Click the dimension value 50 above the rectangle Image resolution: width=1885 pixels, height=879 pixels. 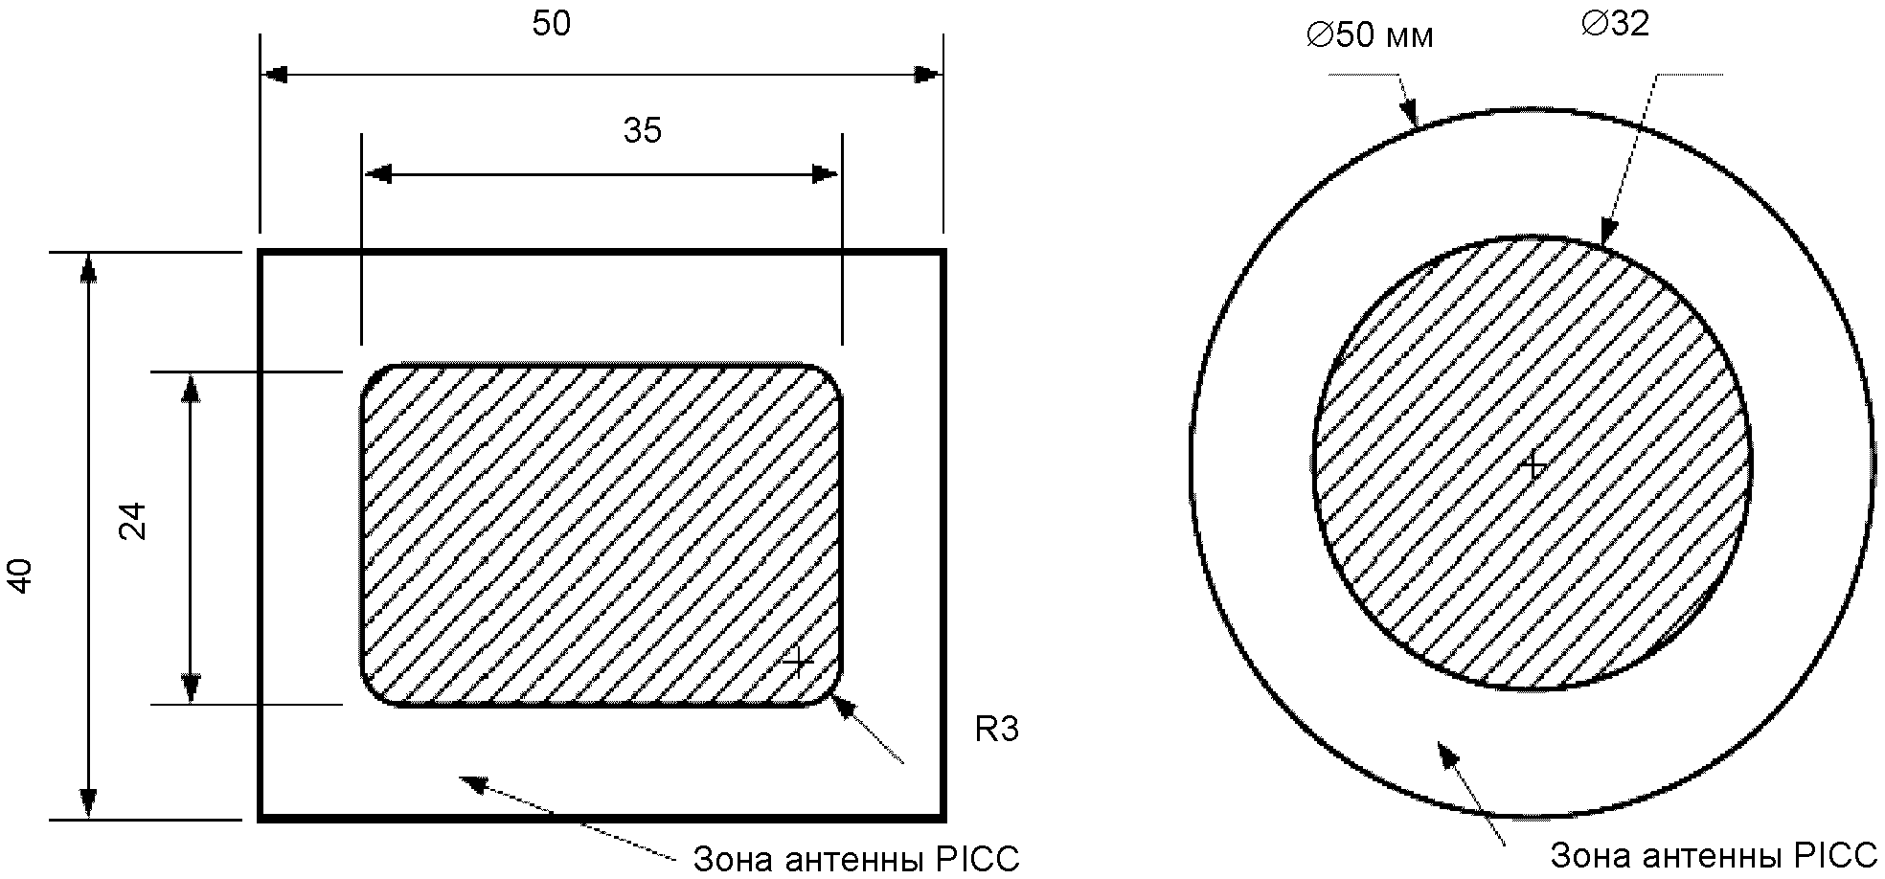pos(552,24)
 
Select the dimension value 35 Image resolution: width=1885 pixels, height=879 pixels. pos(642,130)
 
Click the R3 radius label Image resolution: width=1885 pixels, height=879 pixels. pos(997,730)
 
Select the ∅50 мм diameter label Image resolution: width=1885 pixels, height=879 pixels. pos(1370,36)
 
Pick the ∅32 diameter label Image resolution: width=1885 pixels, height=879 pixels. pos(1616,24)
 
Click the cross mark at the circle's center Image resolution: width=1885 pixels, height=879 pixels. pos(1534,466)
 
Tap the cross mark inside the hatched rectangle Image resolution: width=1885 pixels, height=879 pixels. pos(797,661)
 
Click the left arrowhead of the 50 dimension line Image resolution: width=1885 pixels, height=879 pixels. pos(274,74)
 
